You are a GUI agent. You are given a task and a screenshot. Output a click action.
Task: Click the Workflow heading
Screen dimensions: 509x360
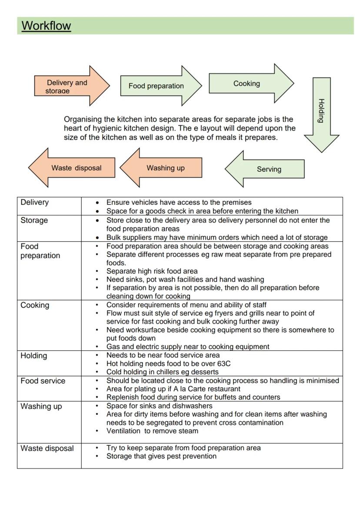46,26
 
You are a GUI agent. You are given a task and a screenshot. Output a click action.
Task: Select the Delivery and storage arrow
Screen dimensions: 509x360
70,86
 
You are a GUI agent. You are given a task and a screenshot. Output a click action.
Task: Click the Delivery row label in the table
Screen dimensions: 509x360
35,202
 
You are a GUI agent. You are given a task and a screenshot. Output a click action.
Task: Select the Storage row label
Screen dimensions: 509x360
34,220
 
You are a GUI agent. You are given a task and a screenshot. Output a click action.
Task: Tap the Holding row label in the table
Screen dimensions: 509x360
33,356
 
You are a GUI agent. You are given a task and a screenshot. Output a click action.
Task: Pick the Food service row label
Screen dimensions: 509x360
43,381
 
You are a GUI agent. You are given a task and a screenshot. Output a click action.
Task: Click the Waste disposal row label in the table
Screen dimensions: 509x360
47,448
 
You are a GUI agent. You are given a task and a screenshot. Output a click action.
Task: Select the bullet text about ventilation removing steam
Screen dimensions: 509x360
152,431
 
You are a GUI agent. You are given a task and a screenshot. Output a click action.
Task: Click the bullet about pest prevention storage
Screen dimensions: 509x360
161,456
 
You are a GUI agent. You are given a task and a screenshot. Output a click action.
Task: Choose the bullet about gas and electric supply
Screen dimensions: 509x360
188,346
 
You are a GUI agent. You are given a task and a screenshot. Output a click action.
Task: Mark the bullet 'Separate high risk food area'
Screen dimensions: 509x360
152,271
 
